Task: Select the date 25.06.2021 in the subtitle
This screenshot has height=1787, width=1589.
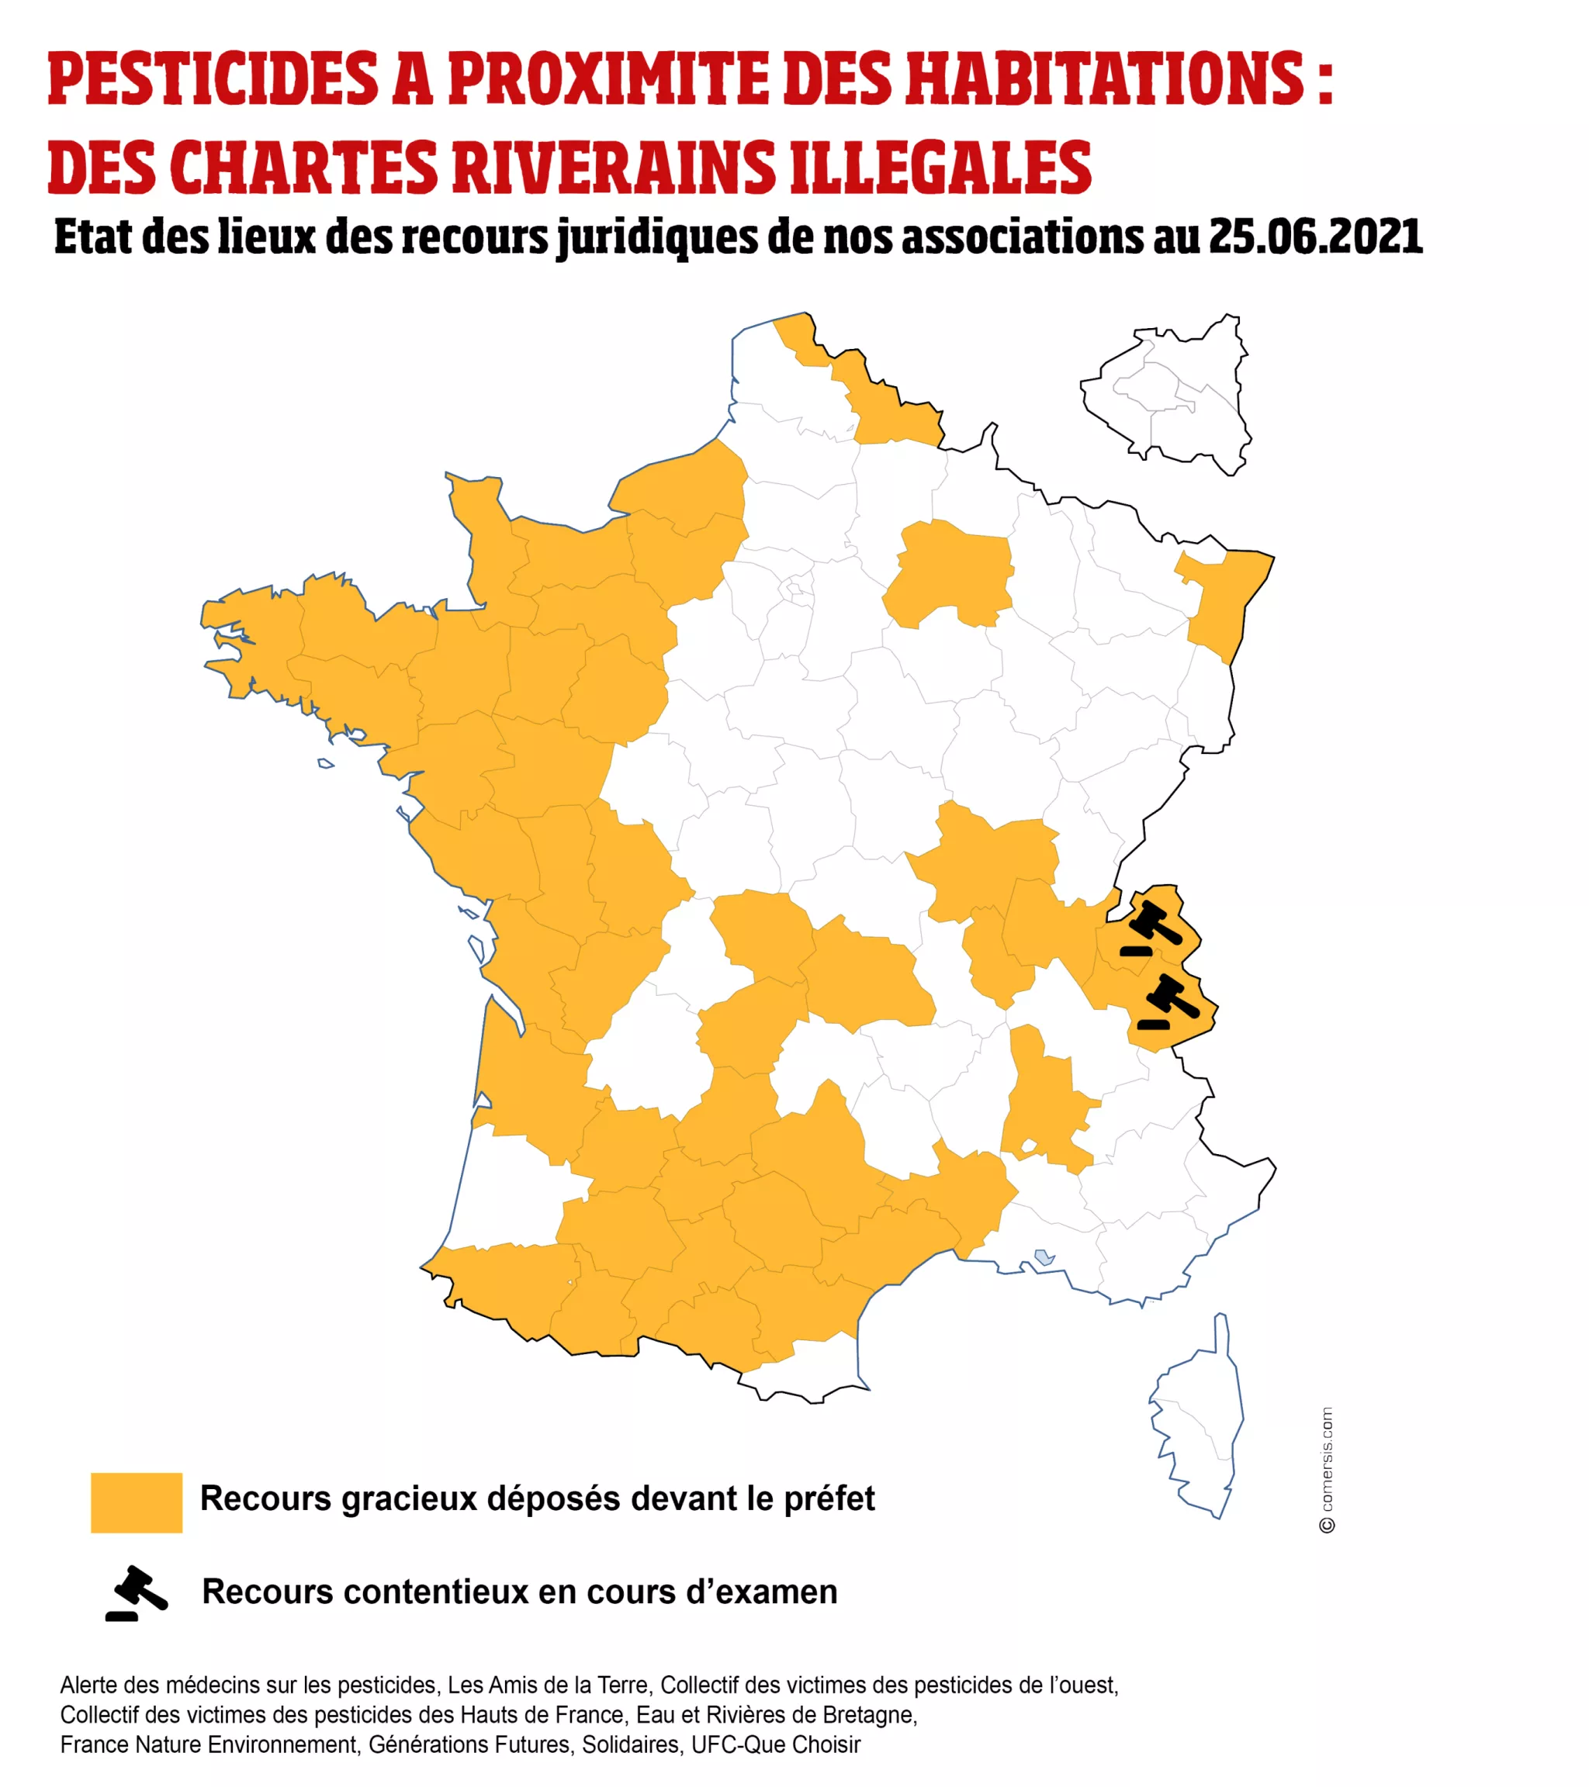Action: tap(1315, 237)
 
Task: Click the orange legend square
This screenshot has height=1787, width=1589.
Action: tap(137, 1502)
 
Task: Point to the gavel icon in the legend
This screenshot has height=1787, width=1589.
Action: tap(137, 1593)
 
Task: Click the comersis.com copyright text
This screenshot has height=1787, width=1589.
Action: tap(1327, 1470)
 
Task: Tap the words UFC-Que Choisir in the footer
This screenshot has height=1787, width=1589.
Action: tap(776, 1745)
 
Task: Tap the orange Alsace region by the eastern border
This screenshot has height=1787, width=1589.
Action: tap(1220, 603)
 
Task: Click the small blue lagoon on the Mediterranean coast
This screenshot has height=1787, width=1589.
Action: tap(1044, 1258)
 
